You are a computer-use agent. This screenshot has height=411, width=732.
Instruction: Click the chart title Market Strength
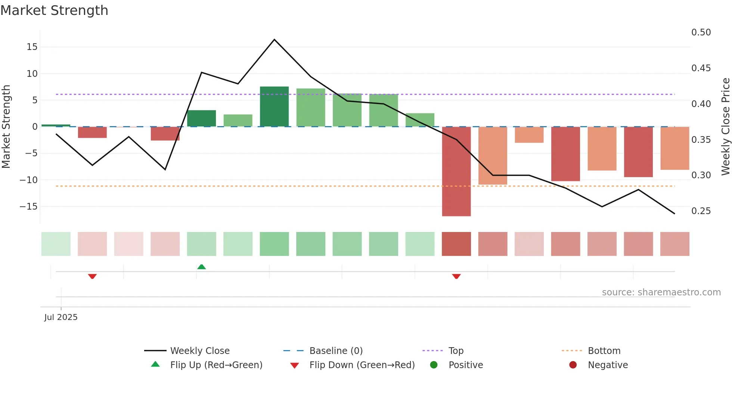coord(54,10)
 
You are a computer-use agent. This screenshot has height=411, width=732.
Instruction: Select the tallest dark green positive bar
coord(274,107)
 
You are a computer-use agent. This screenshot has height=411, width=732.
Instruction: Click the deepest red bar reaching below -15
coord(456,172)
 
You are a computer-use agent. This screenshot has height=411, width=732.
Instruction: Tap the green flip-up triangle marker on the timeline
coord(201,267)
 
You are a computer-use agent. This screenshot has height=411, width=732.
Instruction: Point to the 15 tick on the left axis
coord(32,47)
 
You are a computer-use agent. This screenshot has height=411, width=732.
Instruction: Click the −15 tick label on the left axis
coord(28,207)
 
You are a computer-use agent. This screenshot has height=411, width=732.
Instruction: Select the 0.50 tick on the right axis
coord(701,32)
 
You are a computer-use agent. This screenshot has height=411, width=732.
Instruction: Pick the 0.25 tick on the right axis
coord(701,211)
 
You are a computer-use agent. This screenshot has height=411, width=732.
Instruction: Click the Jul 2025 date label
coord(61,317)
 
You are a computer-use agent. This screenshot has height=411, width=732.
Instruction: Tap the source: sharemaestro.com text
coord(661,292)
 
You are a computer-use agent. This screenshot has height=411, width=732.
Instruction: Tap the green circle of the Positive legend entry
coord(434,365)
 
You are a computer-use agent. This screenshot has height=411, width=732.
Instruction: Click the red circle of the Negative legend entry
coord(573,365)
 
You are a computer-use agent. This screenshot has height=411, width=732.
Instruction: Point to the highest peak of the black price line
coord(274,40)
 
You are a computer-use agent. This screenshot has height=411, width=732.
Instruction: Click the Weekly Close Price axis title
coord(725,127)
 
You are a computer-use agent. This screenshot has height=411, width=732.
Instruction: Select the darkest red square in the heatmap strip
coord(456,244)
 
